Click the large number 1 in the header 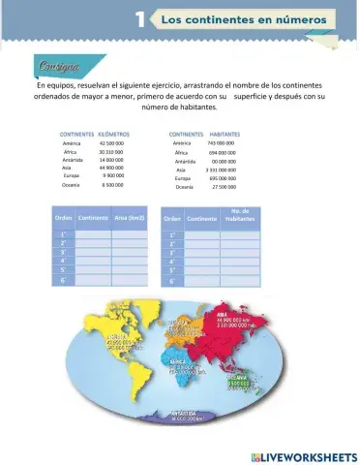coord(141,18)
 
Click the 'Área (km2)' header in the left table coord(129,218)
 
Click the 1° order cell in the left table coord(63,234)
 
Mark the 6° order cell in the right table coord(172,281)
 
